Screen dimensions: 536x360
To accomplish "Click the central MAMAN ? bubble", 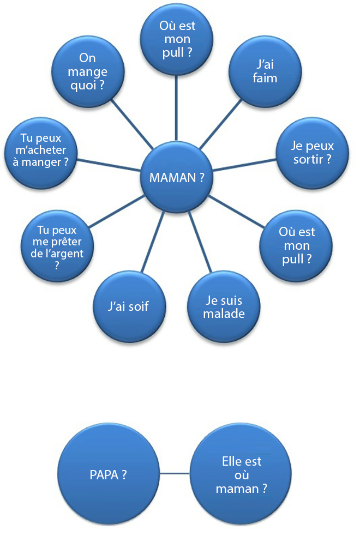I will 176,177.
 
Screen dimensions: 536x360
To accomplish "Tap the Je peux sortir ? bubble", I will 305,153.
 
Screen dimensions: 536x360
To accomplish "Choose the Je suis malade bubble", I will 224,306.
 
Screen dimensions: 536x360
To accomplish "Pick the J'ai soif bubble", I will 129,306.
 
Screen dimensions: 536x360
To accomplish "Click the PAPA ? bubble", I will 108,474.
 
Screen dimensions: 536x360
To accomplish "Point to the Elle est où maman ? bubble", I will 242,474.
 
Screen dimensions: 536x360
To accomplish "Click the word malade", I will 224,314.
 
